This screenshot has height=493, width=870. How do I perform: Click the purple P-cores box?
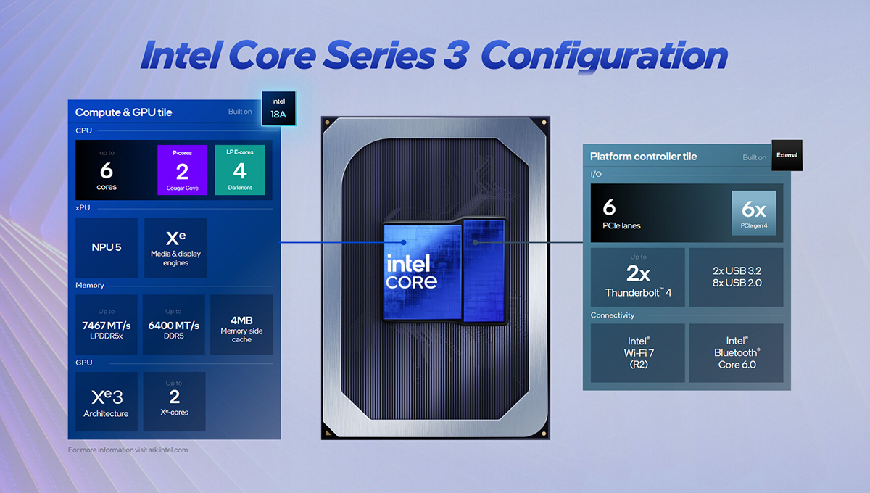pyautogui.click(x=182, y=170)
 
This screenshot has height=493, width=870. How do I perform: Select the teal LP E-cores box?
pyautogui.click(x=240, y=170)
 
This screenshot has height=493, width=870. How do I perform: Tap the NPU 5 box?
pyautogui.click(x=107, y=247)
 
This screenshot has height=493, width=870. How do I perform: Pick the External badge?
pyautogui.click(x=787, y=154)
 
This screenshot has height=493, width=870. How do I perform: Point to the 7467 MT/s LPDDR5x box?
pyautogui.click(x=107, y=324)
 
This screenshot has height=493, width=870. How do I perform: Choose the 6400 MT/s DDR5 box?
pyautogui.click(x=173, y=324)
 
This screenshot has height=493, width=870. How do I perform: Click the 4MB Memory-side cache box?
pyautogui.click(x=241, y=324)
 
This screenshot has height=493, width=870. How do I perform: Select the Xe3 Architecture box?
pyautogui.click(x=107, y=402)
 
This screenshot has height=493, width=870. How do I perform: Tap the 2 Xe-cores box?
pyautogui.click(x=174, y=402)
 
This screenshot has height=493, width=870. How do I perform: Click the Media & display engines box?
pyautogui.click(x=175, y=247)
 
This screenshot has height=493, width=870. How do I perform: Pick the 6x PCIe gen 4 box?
pyautogui.click(x=754, y=212)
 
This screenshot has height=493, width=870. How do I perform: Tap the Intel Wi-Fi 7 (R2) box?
pyautogui.click(x=638, y=352)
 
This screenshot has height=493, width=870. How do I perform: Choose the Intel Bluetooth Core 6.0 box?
pyautogui.click(x=736, y=352)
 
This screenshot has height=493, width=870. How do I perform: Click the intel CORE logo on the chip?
pyautogui.click(x=411, y=273)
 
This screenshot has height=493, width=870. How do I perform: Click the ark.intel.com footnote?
pyautogui.click(x=128, y=449)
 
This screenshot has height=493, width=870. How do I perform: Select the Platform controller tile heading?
pyautogui.click(x=644, y=157)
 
